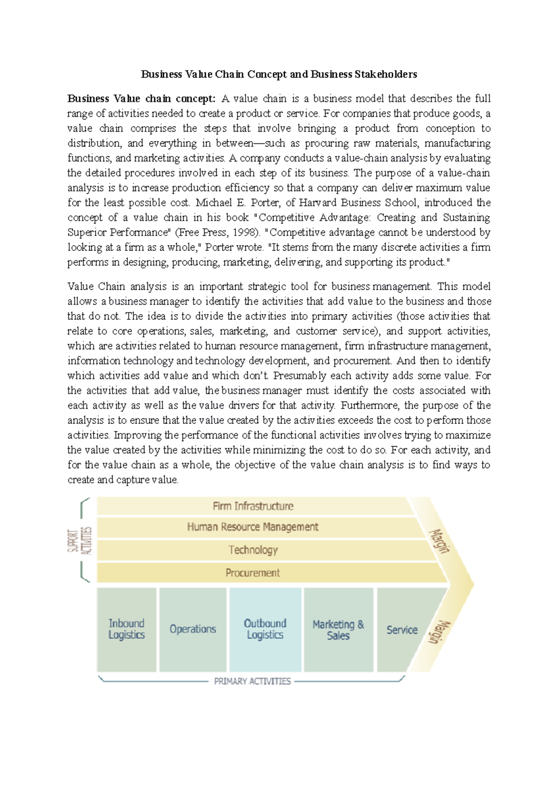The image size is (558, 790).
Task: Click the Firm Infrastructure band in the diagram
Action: coord(253,506)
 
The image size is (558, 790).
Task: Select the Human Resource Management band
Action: coord(253,527)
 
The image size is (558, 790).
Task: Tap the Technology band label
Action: coord(253,550)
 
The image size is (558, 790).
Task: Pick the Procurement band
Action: coord(253,573)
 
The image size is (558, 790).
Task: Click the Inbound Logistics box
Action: coord(126,629)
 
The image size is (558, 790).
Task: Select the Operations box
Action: coord(193,629)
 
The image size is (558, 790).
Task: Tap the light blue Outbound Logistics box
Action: coord(265,629)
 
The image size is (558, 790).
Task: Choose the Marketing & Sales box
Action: coord(338,630)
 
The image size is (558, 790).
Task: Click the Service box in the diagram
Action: coord(402,630)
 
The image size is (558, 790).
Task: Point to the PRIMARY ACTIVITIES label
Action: coord(252,681)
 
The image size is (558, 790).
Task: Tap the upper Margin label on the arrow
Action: coord(439,541)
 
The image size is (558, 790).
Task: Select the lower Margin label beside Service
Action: coord(439,632)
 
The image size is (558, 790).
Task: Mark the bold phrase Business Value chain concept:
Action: coord(141,99)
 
